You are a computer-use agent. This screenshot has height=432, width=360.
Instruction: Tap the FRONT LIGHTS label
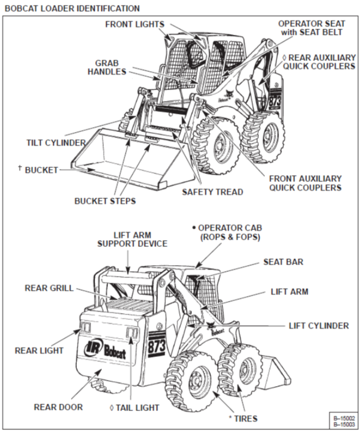tap(134, 24)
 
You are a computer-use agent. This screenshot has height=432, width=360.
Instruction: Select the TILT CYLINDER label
tap(56, 143)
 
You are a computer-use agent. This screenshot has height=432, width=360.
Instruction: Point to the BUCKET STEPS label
tap(105, 201)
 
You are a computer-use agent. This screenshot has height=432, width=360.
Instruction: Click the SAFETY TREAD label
tap(212, 192)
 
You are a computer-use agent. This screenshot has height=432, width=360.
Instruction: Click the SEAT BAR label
tap(283, 262)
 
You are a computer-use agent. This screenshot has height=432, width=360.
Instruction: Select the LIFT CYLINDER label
tap(319, 325)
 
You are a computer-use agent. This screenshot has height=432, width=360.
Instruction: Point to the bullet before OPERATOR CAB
tap(194, 228)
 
